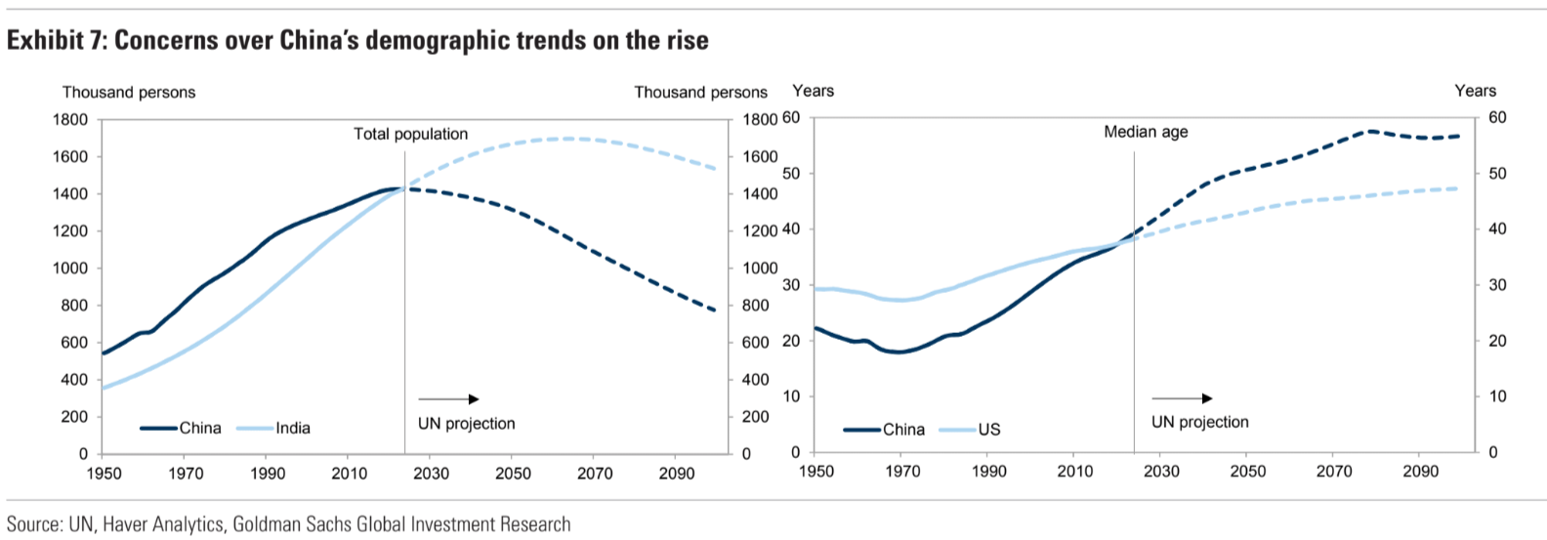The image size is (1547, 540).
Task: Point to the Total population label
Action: click(x=410, y=134)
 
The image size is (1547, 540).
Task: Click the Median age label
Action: click(x=1146, y=132)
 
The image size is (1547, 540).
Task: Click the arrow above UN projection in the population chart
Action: click(x=448, y=399)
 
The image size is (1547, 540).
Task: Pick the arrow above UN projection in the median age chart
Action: click(x=1182, y=398)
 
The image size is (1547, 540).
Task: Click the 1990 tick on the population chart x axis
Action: click(x=268, y=474)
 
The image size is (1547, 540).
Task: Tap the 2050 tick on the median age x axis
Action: click(x=1247, y=472)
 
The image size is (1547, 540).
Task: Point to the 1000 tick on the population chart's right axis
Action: click(x=760, y=269)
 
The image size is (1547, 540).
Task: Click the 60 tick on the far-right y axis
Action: click(x=1496, y=118)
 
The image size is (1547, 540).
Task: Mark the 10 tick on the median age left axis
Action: click(x=790, y=396)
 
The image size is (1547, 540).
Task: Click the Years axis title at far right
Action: click(x=1475, y=91)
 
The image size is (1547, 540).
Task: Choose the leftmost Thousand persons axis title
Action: click(x=129, y=92)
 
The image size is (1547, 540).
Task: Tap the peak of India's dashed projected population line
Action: click(x=569, y=139)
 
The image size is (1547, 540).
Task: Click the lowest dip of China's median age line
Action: click(x=899, y=352)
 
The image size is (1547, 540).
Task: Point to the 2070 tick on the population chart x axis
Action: click(x=595, y=474)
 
